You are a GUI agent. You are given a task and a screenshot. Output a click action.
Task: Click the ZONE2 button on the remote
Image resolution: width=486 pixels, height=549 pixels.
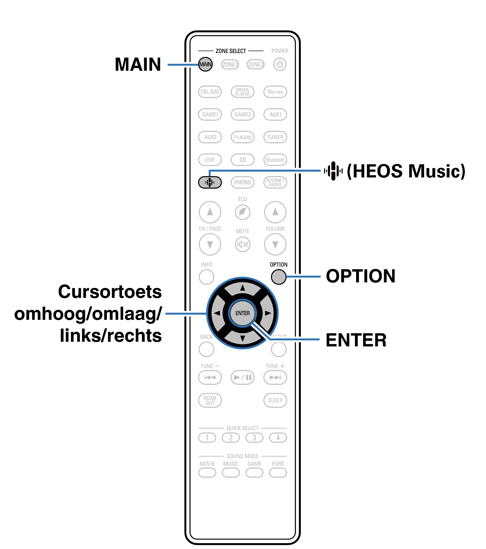(x=230, y=64)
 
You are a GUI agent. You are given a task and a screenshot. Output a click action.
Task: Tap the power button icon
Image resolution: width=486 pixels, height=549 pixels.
(x=280, y=64)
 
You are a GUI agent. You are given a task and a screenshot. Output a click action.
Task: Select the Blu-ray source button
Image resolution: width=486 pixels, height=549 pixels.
(x=275, y=92)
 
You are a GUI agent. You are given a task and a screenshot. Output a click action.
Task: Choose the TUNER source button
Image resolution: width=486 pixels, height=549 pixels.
(x=275, y=137)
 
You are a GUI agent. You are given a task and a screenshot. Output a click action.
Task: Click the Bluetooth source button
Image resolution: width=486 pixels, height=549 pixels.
(x=275, y=160)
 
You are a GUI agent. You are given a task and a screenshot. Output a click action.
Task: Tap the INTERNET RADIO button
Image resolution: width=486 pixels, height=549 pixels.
(x=275, y=182)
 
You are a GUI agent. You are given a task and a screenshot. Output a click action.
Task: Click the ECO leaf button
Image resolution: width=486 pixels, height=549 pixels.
(x=243, y=212)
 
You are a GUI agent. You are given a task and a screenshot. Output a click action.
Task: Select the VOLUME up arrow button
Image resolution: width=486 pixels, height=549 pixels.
(x=275, y=212)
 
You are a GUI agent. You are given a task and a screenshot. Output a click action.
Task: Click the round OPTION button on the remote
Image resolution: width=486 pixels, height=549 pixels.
(x=278, y=277)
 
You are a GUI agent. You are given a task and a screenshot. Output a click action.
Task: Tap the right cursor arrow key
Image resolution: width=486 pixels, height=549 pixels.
(x=268, y=313)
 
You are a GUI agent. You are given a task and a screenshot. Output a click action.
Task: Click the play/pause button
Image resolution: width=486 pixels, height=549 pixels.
(x=243, y=377)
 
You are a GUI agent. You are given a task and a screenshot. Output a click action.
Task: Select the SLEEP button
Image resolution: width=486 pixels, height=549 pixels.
(x=275, y=400)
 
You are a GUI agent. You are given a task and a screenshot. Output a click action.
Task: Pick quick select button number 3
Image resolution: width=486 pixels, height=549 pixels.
(x=254, y=438)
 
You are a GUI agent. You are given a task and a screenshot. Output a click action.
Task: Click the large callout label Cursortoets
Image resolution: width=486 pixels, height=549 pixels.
(x=110, y=292)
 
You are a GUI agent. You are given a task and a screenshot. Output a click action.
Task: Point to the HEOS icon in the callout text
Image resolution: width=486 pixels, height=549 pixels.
(x=333, y=171)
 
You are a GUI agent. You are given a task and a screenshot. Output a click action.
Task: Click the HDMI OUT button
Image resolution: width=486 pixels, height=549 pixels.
(x=210, y=400)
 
